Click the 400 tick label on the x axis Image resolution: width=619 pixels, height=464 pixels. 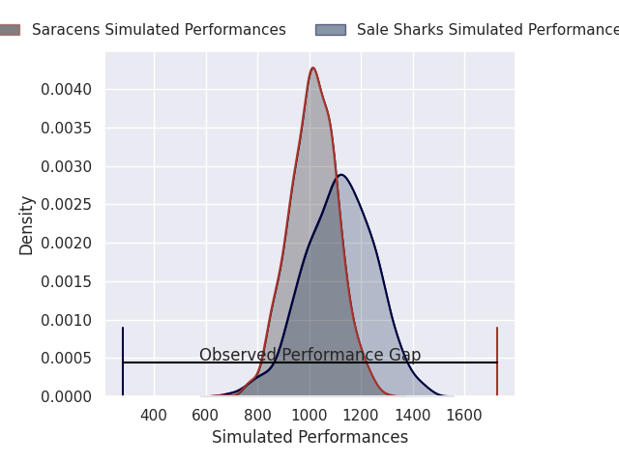coord(154,416)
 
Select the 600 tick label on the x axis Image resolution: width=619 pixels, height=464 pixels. coord(206,416)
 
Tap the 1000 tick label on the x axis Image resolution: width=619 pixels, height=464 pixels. coord(309,416)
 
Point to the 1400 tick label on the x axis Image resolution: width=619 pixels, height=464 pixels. coord(413,416)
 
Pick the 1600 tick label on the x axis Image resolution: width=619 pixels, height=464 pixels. coord(464,416)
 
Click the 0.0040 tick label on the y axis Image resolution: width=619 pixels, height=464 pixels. coord(66,90)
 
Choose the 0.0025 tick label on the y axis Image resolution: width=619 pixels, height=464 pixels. coord(66,205)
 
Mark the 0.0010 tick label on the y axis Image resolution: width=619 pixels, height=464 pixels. coord(66,320)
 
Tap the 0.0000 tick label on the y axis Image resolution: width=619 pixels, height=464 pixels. coord(66,396)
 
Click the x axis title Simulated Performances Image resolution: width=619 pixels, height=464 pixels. coord(309,438)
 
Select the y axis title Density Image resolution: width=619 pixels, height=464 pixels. coord(26,224)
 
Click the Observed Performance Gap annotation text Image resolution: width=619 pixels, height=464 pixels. coord(309,355)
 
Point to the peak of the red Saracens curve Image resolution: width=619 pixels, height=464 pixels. coord(312,68)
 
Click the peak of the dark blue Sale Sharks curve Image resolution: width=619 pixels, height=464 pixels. coord(340,175)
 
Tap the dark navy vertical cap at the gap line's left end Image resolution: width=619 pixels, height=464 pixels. coord(123,362)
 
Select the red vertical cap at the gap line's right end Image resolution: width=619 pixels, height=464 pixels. coord(497,362)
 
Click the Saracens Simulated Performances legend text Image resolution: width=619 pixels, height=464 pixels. coord(159,30)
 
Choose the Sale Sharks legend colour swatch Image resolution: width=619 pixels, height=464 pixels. coord(330,30)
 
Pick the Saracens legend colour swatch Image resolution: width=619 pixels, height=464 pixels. coord(8,30)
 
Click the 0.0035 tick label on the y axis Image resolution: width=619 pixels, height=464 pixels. coord(66,129)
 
